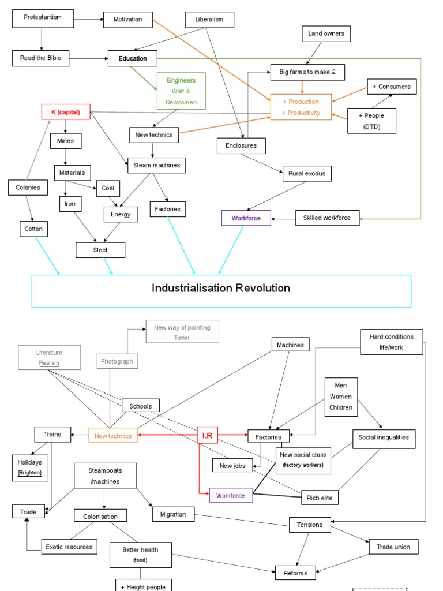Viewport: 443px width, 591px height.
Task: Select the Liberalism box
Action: (x=210, y=20)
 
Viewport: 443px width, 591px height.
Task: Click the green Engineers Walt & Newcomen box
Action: (x=181, y=91)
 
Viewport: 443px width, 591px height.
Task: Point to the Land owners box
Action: (x=326, y=34)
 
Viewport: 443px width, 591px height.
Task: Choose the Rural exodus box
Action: (x=306, y=173)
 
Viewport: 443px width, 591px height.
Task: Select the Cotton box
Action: (x=33, y=229)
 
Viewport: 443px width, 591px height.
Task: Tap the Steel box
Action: (x=100, y=250)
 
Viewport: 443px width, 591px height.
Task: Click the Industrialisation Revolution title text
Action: (x=221, y=288)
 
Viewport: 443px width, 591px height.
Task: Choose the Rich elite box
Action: (x=322, y=498)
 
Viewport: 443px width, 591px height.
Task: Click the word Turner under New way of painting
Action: (x=182, y=337)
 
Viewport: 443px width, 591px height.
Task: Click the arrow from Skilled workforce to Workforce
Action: (x=283, y=218)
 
